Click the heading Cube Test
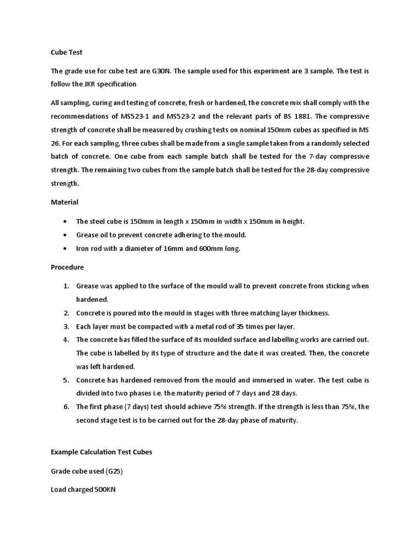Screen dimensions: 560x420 (66, 52)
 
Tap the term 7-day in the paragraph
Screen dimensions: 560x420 (329, 156)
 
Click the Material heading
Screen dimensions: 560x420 (65, 202)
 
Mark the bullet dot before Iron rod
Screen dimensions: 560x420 (66, 249)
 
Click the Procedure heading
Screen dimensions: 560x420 (67, 267)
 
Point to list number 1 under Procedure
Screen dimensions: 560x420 (65, 286)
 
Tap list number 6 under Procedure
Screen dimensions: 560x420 (65, 407)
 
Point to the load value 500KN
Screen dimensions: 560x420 (104, 489)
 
